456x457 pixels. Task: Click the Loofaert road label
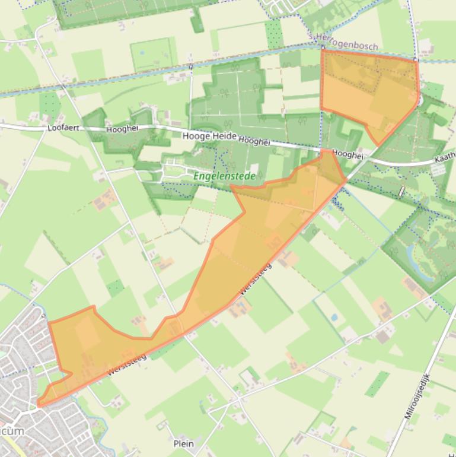(x=63, y=128)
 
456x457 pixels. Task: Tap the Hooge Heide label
(x=209, y=137)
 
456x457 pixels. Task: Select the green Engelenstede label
(x=224, y=176)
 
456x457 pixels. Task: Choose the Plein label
(x=184, y=443)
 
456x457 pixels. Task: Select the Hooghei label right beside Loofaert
(x=117, y=129)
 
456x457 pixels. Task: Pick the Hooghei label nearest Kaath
(x=347, y=154)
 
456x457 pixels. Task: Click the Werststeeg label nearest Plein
(x=127, y=363)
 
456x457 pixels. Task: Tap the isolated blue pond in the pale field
(x=334, y=318)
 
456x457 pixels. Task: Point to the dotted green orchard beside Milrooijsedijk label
(x=377, y=384)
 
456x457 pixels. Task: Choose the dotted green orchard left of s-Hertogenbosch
(x=275, y=34)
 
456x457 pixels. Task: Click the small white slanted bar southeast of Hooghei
(x=403, y=191)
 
